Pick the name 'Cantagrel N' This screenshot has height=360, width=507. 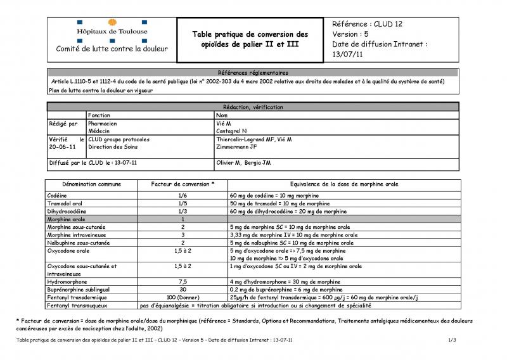click(x=233, y=131)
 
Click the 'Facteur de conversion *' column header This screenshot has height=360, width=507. click(x=183, y=184)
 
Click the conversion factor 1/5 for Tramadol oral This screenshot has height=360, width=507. click(x=183, y=204)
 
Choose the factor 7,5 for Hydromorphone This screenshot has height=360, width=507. click(x=183, y=281)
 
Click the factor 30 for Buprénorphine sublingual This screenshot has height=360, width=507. click(x=183, y=288)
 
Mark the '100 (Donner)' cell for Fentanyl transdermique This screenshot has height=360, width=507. click(x=183, y=297)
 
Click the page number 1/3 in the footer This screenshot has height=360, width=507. click(x=452, y=340)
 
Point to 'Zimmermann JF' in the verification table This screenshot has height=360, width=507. click(x=237, y=146)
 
